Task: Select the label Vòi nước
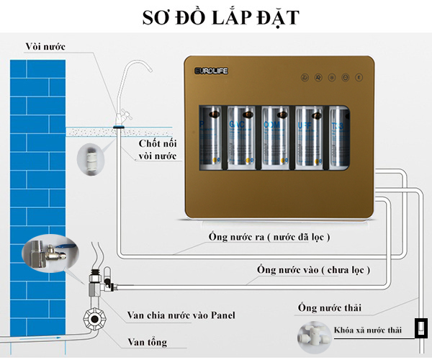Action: point(45,47)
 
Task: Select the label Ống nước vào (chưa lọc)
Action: point(314,270)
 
